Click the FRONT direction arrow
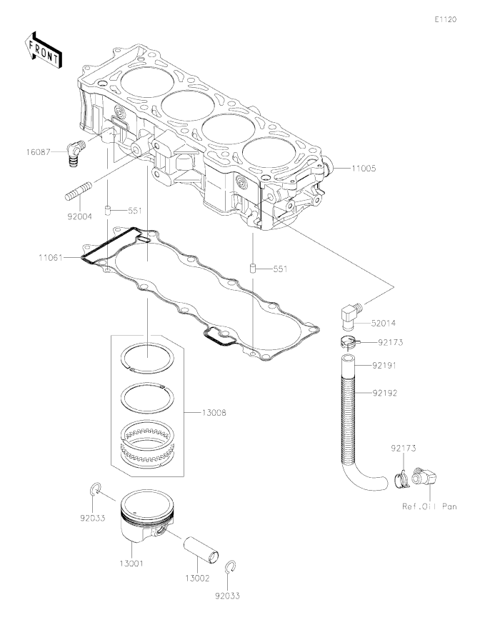[x=42, y=49]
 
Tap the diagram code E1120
[x=446, y=19]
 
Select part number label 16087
[x=39, y=152]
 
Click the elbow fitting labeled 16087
[x=76, y=153]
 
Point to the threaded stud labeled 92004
[x=79, y=190]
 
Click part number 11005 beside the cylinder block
[x=364, y=169]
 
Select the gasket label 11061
[x=51, y=258]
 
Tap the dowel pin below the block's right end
[x=252, y=269]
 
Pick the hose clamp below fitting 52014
[x=348, y=342]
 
